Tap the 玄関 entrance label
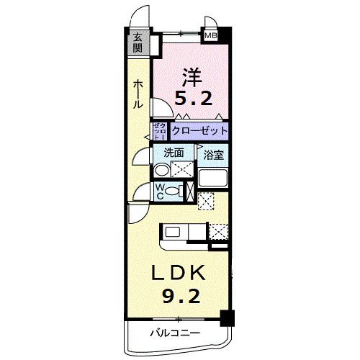[x=137, y=44]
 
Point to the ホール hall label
[x=137, y=94]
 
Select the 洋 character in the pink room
[x=191, y=75]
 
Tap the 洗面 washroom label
[x=173, y=153]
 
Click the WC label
[x=160, y=192]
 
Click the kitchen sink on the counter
[x=173, y=231]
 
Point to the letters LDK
[x=179, y=274]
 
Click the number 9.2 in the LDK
[x=179, y=296]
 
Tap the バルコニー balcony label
[x=175, y=332]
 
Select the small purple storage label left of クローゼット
[x=160, y=132]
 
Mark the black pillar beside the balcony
[x=227, y=317]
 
